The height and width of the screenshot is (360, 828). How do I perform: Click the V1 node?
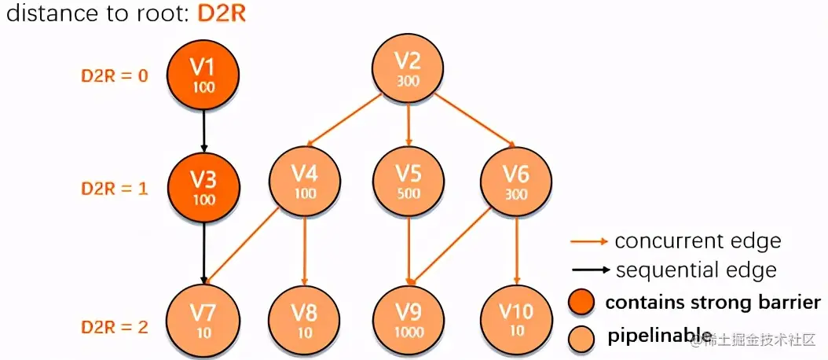tap(203, 74)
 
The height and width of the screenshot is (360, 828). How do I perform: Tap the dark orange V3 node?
tap(203, 188)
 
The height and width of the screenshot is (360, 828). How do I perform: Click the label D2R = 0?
tap(115, 77)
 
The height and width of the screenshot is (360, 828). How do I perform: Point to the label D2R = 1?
tap(115, 189)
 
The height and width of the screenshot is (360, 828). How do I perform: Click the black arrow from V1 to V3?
tap(203, 130)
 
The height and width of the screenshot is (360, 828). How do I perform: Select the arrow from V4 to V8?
tap(304, 252)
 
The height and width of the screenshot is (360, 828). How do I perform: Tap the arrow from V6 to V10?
tap(516, 252)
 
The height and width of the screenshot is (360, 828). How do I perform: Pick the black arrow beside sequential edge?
tap(588, 270)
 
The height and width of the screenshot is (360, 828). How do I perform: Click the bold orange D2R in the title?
tap(219, 15)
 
